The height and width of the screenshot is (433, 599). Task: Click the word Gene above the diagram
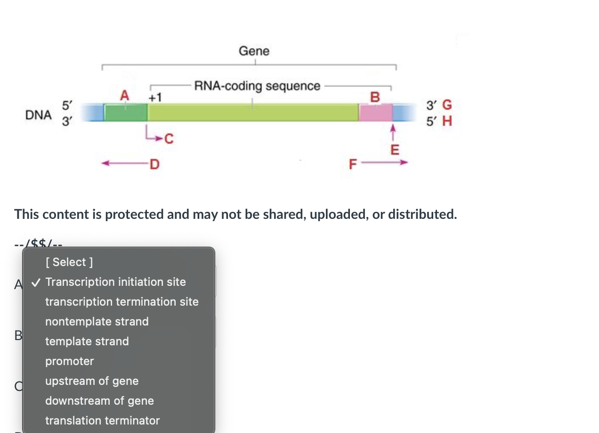click(254, 50)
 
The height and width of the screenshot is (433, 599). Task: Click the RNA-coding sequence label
click(257, 86)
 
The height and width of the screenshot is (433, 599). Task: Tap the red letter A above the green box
click(124, 95)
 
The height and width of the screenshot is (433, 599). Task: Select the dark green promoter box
click(125, 113)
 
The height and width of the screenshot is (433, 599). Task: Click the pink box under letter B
click(375, 113)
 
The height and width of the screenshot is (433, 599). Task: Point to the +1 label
click(155, 98)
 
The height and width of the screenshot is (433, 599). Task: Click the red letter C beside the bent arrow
click(169, 139)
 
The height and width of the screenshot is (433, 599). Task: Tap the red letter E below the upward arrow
click(395, 150)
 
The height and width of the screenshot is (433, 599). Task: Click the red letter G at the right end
click(447, 105)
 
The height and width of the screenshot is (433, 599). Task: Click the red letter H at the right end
click(447, 121)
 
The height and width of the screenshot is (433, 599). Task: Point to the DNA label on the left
click(39, 115)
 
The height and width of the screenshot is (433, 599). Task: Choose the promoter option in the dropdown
click(70, 361)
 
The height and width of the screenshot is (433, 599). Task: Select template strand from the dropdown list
click(87, 341)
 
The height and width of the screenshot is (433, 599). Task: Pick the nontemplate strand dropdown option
click(97, 322)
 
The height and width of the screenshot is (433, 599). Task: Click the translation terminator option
click(103, 421)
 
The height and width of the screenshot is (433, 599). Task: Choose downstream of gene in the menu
click(99, 401)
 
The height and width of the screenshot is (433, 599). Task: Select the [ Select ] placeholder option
click(70, 262)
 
